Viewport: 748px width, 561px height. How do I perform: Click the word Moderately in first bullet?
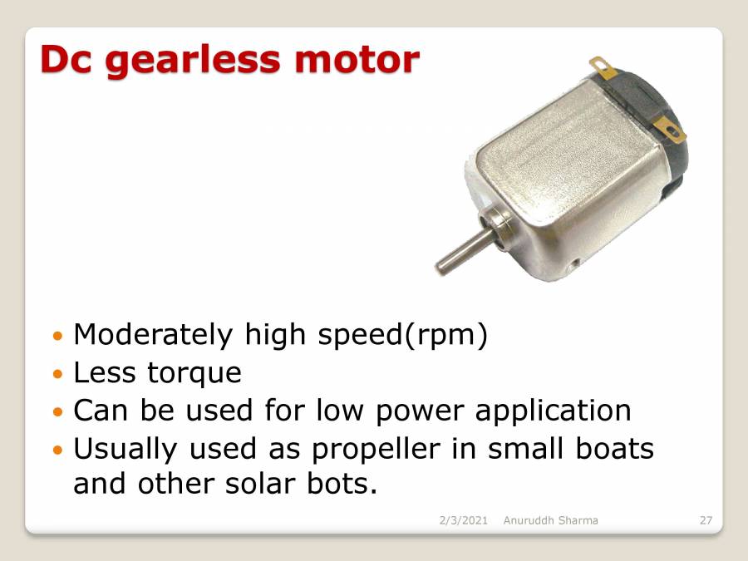tap(153, 335)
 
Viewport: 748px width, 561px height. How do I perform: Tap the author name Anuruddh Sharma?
tap(550, 521)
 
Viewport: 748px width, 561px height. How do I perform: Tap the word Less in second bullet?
tap(105, 373)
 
